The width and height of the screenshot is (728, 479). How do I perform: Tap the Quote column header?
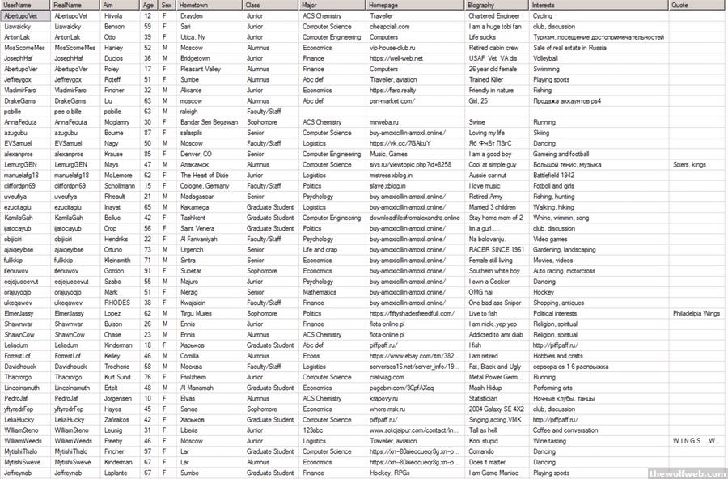tap(680, 5)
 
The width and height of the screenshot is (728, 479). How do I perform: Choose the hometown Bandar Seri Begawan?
tap(210, 122)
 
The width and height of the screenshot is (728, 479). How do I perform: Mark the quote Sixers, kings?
tap(689, 164)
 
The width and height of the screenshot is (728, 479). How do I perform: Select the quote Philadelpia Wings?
tap(696, 313)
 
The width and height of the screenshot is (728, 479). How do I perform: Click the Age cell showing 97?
tap(147, 451)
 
